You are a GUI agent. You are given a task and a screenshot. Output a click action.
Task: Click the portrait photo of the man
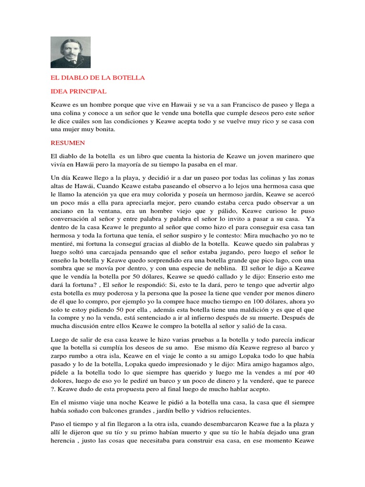(70, 52)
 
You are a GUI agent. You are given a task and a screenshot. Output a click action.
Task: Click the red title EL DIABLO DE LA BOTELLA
(97, 78)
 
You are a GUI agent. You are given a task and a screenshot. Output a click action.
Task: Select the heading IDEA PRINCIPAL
(78, 91)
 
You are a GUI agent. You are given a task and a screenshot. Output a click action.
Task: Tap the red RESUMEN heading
(68, 142)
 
